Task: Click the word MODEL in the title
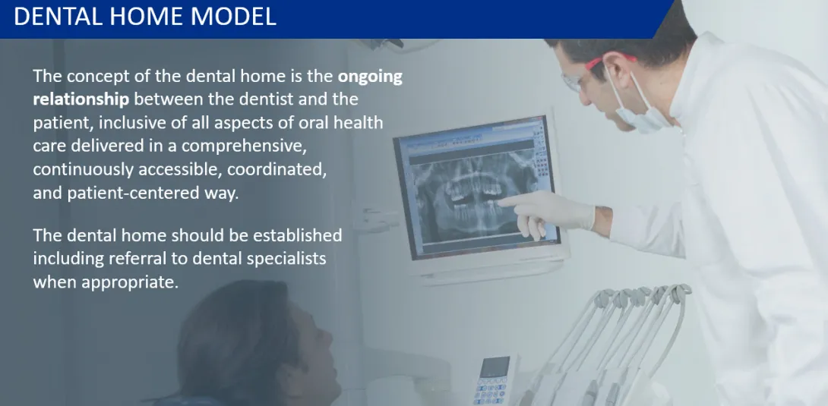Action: click(233, 17)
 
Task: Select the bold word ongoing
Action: click(370, 77)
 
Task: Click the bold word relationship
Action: click(81, 99)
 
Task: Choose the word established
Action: click(297, 234)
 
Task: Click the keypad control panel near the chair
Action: click(493, 382)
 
